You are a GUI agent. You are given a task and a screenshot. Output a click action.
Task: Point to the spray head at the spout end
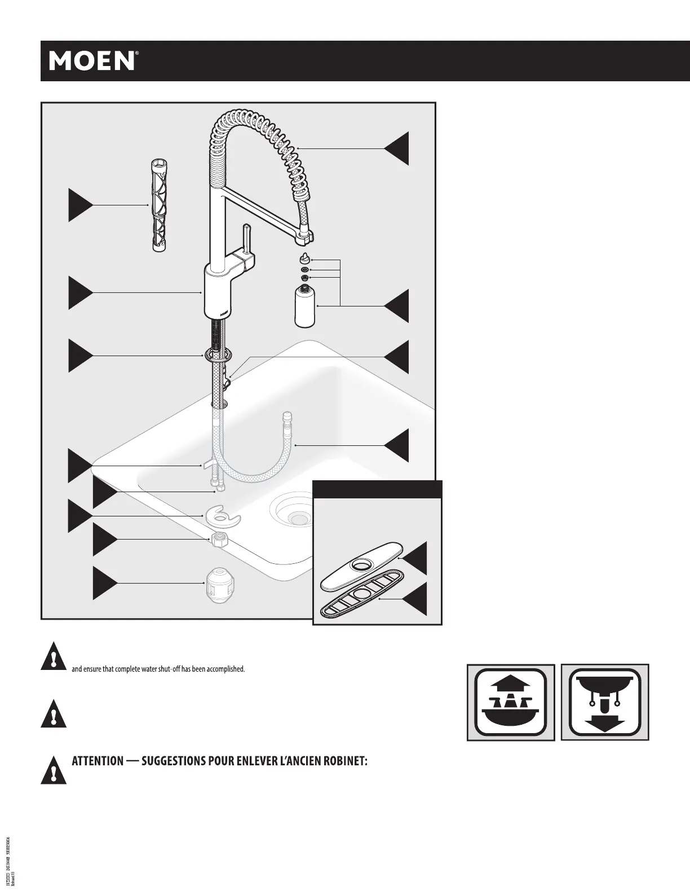pos(304,239)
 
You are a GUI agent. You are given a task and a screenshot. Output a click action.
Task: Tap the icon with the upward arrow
pos(511,703)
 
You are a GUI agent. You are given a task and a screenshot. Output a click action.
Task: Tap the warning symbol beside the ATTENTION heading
pos(54,769)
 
